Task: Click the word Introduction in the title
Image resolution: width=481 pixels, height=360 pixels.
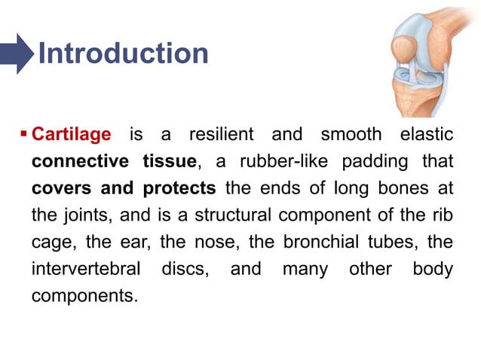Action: (x=123, y=53)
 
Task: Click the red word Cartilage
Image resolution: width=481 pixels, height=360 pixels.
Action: (x=72, y=135)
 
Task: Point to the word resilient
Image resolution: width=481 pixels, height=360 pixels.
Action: (x=222, y=135)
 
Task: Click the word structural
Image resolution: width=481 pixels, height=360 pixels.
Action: (x=233, y=215)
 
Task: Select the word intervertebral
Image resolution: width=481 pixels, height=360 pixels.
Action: (x=86, y=269)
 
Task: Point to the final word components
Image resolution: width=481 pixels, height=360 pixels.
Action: (x=84, y=296)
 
